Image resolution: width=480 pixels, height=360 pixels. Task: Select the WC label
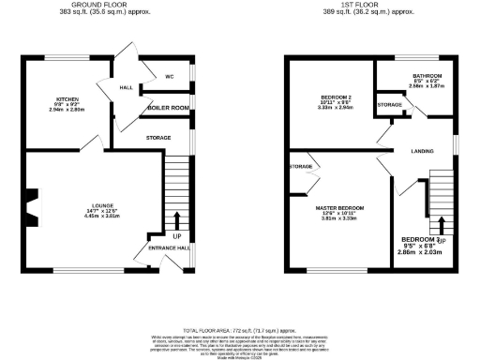click(170, 76)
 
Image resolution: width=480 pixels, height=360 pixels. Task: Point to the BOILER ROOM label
click(169, 109)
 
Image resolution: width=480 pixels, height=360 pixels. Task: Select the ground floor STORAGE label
click(157, 138)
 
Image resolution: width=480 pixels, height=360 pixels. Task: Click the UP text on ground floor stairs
click(175, 223)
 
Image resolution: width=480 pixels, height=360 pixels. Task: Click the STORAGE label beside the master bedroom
click(301, 166)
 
